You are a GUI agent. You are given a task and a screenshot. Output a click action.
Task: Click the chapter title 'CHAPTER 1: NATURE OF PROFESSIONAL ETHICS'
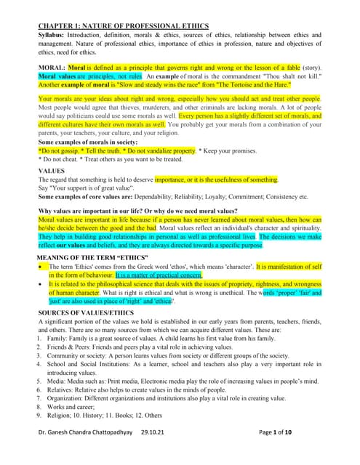[x=123, y=26]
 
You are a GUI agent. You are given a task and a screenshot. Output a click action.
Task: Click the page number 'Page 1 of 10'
[x=291, y=453]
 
